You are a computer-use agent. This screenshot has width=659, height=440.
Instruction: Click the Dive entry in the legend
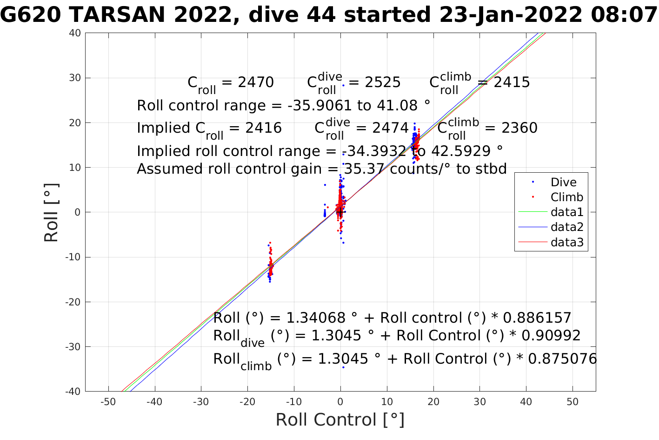563,183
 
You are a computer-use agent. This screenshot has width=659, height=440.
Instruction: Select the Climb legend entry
566,197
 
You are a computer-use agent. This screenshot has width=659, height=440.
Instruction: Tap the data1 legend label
566,212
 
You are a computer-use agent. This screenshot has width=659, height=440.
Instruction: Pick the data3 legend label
566,243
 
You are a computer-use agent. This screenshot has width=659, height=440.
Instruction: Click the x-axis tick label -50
108,402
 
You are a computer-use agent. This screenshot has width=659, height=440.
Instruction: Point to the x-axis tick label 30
479,402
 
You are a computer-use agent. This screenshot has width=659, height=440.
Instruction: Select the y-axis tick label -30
73,347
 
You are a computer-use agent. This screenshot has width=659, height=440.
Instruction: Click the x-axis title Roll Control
340,420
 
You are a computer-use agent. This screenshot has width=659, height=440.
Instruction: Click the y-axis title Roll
51,212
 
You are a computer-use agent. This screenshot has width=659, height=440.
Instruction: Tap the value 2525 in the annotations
382,82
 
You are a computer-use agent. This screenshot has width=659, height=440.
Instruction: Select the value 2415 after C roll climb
512,82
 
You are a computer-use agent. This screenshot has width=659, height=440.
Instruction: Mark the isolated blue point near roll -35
343,367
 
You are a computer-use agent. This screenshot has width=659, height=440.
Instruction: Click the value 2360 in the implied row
519,128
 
